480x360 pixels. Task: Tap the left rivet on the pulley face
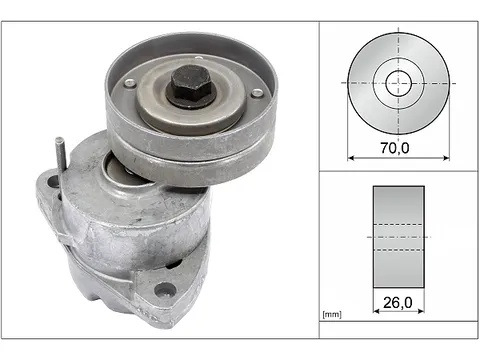(130, 83)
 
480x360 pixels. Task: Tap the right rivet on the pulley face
(257, 93)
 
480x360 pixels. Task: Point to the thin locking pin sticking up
(61, 152)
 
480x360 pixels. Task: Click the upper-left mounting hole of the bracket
(53, 182)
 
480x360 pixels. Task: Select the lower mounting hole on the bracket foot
(166, 290)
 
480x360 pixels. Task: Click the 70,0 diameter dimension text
(395, 147)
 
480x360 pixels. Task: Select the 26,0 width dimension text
(398, 302)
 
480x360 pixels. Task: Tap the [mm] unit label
(332, 314)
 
